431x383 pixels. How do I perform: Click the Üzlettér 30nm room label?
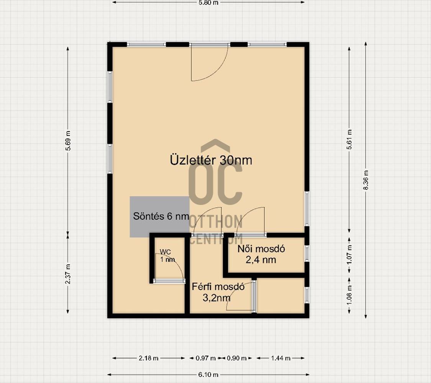coord(211,160)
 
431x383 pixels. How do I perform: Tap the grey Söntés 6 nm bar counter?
coord(159,216)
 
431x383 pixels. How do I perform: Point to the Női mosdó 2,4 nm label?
coord(261,254)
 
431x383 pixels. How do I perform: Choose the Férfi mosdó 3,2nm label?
coord(218,292)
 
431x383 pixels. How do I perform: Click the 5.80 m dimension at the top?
coord(208,3)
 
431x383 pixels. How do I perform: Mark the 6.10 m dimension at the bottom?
coord(208,375)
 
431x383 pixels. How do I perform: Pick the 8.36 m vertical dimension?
coord(365,180)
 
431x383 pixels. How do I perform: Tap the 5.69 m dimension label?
coord(68,140)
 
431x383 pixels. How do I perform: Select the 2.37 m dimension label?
coord(68,274)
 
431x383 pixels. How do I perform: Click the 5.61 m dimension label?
coord(349,139)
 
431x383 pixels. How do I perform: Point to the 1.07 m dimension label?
coord(349,255)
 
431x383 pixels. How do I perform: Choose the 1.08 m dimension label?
coord(349,295)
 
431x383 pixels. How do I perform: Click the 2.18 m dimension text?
coord(148,358)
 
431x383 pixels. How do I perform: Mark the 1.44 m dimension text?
coord(281,358)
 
